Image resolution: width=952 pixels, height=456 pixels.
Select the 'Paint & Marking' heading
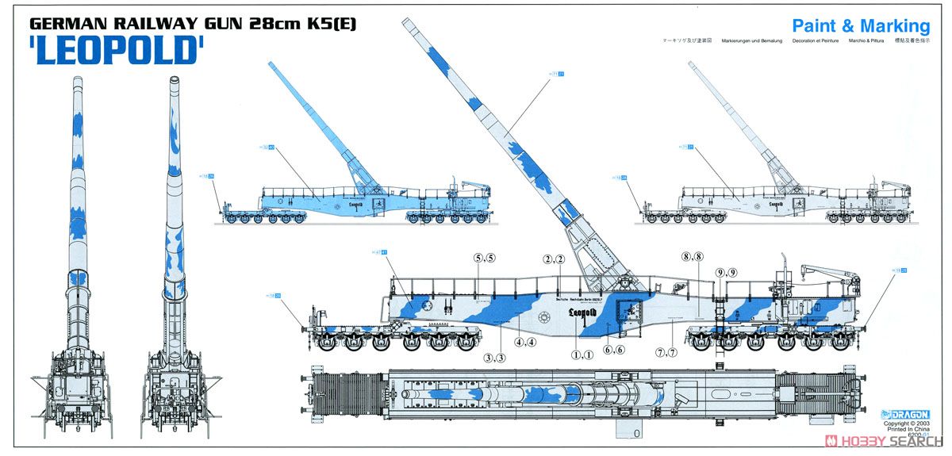860,25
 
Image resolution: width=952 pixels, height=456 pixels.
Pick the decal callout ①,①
582,354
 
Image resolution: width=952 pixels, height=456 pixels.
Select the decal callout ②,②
554,259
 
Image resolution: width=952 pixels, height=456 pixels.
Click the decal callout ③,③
495,357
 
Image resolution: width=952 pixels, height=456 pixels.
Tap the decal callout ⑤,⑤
484,258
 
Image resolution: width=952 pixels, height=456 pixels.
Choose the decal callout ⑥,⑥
614,350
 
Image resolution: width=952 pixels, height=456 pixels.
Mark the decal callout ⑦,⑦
667,351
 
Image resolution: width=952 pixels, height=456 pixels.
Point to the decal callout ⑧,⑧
693,256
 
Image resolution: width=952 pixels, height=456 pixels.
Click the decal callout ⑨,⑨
726,272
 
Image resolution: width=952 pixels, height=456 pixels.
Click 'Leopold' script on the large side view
583,312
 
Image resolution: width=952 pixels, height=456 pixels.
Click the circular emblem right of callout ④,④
543,318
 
